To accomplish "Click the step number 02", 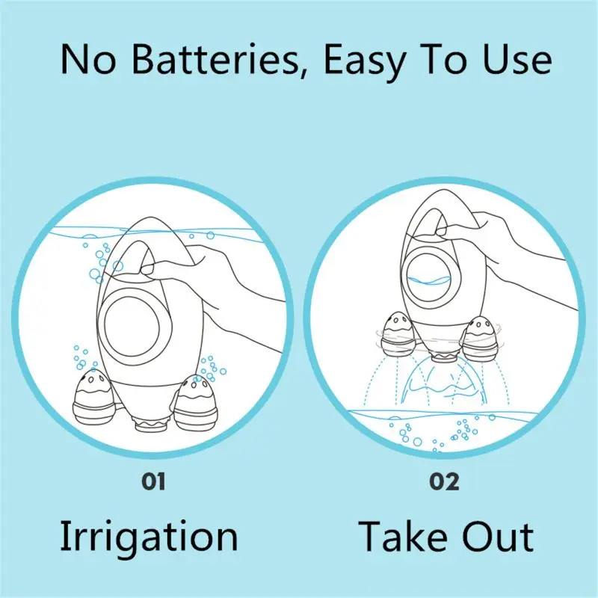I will (x=445, y=481).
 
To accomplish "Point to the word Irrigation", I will (x=149, y=536).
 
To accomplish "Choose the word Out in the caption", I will (x=499, y=536).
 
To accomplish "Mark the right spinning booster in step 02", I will (x=479, y=336).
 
